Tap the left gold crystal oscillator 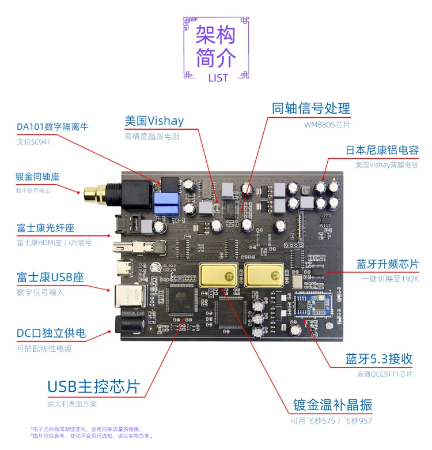point(218,273)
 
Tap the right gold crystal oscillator point(266,273)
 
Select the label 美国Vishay point(154,121)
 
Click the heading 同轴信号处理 point(310,108)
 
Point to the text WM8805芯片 point(327,124)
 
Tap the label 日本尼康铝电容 point(382,150)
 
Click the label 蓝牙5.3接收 point(379,359)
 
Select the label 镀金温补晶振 point(332,405)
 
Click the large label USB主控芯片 point(93,387)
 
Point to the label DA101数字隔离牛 point(52,127)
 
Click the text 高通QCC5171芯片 point(385,374)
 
